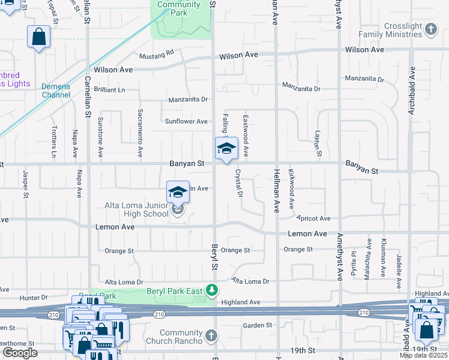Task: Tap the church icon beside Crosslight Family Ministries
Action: (x=430, y=29)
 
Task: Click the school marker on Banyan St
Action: (x=226, y=148)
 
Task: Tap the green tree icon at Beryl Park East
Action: (x=211, y=291)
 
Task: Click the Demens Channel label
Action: (x=56, y=91)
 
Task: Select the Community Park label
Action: (x=179, y=8)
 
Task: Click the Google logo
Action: (x=19, y=352)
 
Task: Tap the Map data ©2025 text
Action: (x=423, y=355)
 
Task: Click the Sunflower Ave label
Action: (x=187, y=121)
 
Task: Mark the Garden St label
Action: (x=258, y=325)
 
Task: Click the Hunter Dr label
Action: (x=34, y=297)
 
